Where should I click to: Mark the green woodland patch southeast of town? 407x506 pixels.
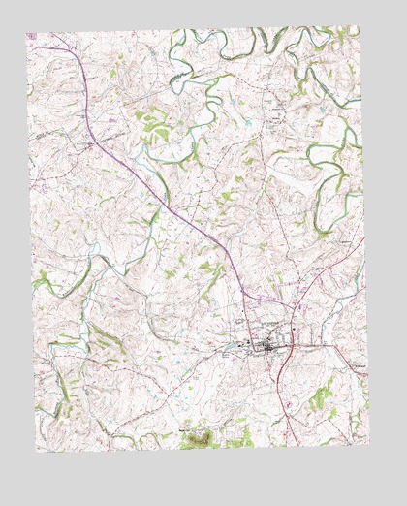pos(321,395)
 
